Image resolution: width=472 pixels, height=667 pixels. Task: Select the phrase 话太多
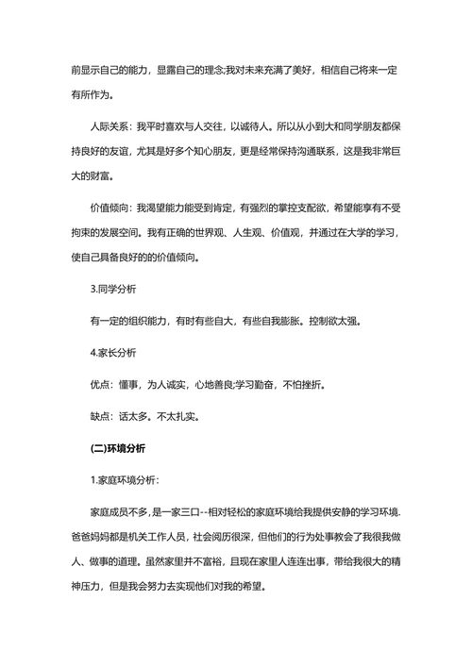pyautogui.click(x=133, y=415)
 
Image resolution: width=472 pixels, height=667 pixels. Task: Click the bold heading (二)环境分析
pyautogui.click(x=118, y=448)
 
